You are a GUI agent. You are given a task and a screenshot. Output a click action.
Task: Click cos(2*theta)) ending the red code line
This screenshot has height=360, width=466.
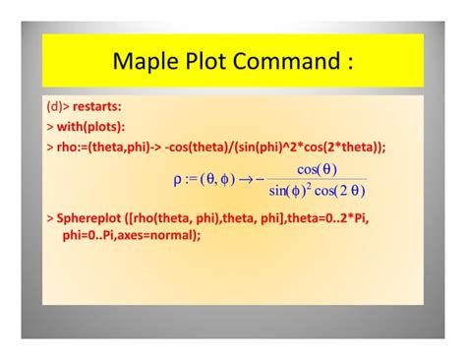pos(343,147)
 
